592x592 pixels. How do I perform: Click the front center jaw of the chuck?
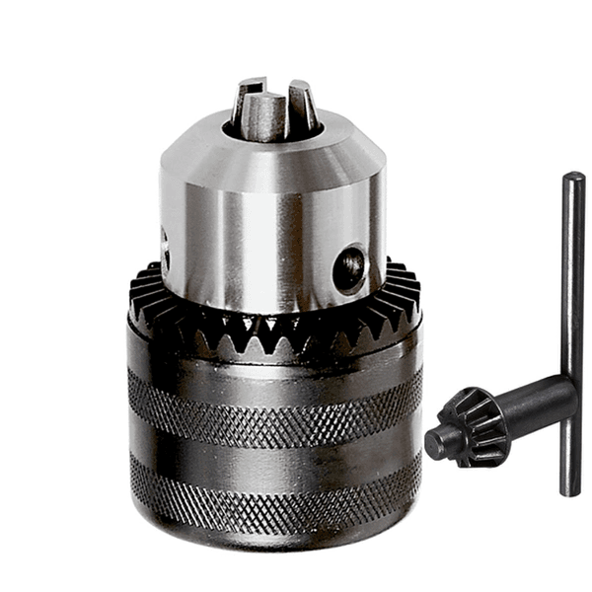264,117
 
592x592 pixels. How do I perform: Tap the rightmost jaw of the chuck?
302,106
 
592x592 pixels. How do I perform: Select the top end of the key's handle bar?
573,181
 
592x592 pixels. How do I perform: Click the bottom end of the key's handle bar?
570,487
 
